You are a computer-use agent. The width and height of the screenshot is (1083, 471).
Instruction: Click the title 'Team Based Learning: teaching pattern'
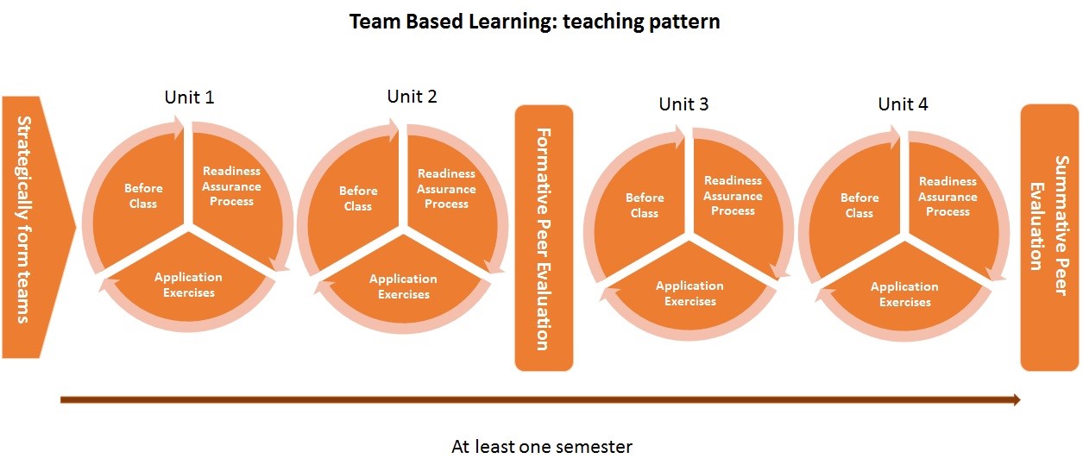click(x=534, y=22)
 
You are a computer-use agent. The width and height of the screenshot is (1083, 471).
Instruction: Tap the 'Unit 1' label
click(x=189, y=97)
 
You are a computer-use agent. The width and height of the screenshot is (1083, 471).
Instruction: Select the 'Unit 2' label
click(x=412, y=97)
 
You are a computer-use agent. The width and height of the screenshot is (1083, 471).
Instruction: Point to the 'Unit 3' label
click(x=683, y=104)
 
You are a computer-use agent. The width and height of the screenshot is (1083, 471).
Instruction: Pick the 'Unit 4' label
click(x=903, y=104)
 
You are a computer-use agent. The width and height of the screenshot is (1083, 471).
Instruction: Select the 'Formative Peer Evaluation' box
click(x=544, y=238)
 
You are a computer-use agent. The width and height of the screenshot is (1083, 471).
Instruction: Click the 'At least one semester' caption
click(x=542, y=447)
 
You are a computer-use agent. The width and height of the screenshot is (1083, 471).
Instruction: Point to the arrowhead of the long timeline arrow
click(x=1016, y=399)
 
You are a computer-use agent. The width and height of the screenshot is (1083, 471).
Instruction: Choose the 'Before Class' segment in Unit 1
click(x=142, y=196)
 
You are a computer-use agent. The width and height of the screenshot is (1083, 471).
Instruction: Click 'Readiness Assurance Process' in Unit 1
click(x=231, y=186)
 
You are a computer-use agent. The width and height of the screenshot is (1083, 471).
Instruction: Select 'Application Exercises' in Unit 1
click(x=188, y=285)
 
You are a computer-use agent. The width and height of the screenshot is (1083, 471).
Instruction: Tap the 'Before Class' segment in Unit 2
click(x=357, y=198)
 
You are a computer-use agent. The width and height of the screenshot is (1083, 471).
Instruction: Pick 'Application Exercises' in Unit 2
click(x=403, y=286)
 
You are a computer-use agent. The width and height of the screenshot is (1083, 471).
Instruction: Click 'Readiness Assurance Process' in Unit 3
click(x=733, y=196)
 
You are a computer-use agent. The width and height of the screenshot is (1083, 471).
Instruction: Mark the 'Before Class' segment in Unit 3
click(x=645, y=205)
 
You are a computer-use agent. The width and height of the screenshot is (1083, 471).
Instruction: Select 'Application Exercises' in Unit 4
click(x=904, y=294)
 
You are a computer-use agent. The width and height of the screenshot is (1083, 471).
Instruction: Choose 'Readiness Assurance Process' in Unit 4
click(x=948, y=197)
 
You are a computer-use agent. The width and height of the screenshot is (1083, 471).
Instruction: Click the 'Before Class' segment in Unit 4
click(x=859, y=206)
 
